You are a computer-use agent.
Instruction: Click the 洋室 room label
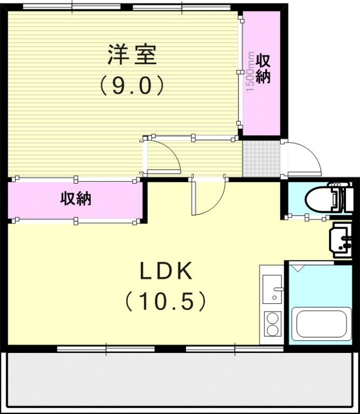tap(132, 55)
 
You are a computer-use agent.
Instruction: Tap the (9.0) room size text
tap(132, 85)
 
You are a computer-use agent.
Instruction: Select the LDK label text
tap(166, 271)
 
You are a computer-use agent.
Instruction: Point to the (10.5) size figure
tap(166, 301)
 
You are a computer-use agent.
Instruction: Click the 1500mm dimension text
tap(250, 71)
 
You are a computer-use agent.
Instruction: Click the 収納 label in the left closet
tap(76, 199)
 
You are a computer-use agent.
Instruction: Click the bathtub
tap(321, 324)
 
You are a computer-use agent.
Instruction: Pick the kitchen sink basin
tap(272, 289)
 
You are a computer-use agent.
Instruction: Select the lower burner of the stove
tap(272, 330)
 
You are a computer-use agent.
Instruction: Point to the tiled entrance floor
tap(261, 159)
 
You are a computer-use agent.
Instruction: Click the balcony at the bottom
tap(180, 383)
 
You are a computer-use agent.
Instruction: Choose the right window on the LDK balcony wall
tap(235, 349)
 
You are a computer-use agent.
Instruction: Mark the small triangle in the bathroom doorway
tap(298, 268)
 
